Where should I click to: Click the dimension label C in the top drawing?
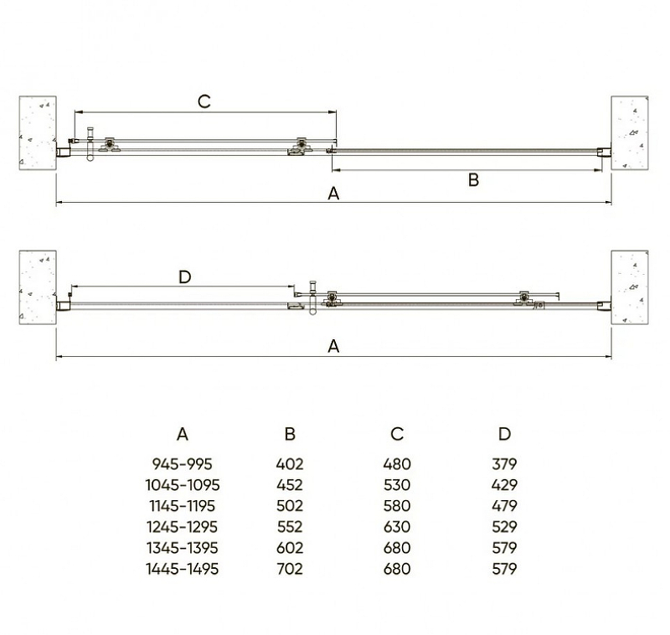[204, 101]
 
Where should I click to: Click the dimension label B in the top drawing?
[473, 180]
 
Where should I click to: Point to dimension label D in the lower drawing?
[184, 277]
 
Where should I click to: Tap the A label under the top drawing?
[333, 194]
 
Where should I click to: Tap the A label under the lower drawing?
[333, 346]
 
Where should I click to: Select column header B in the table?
[290, 434]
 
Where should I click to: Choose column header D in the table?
[505, 434]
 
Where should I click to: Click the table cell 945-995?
[182, 463]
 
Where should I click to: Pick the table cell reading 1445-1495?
[182, 569]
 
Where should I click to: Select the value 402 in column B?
[290, 463]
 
